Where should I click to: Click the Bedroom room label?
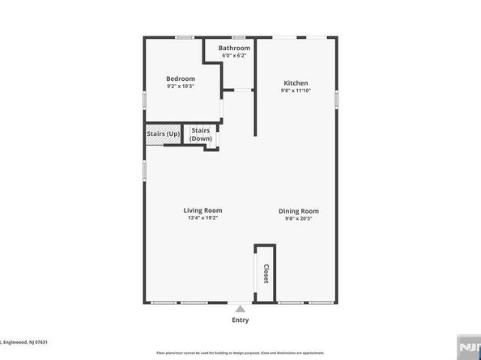(181, 78)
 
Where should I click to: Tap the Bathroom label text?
(234, 48)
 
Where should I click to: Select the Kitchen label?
(296, 83)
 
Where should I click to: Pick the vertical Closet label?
(265, 275)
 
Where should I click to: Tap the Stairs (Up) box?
(163, 133)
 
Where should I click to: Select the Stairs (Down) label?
(201, 134)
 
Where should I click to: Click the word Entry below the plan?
(240, 320)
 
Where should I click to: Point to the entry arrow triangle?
(240, 308)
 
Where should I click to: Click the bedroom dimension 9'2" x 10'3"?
(181, 86)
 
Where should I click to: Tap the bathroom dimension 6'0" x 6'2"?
(234, 55)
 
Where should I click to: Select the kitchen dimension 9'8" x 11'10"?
(296, 90)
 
